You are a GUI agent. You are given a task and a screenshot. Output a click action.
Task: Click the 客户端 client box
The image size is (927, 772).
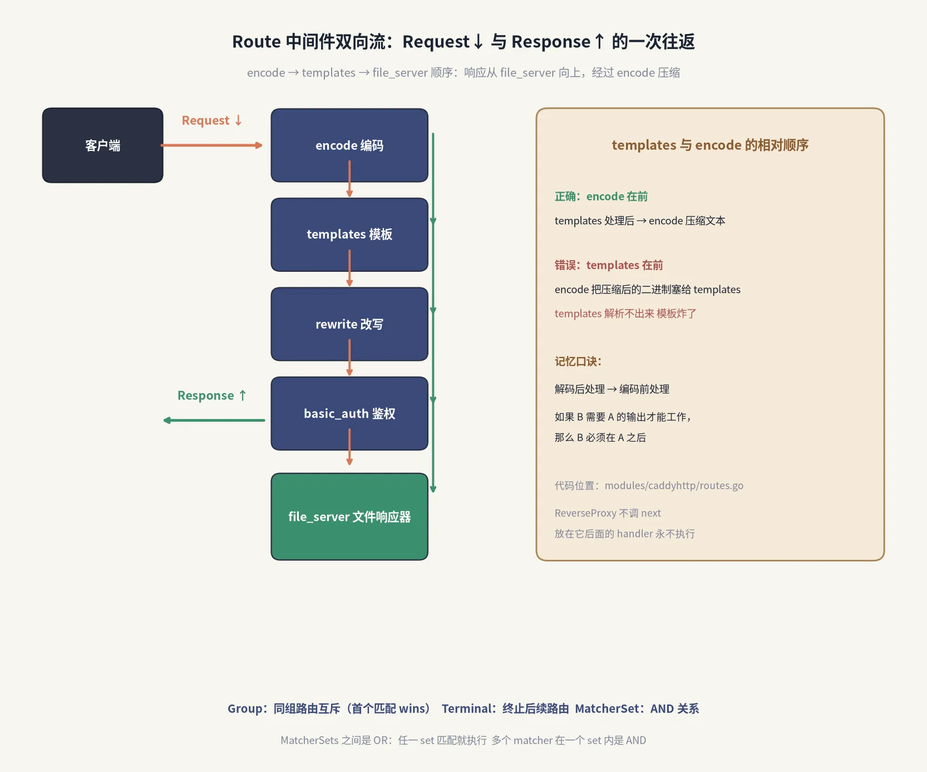pos(103,145)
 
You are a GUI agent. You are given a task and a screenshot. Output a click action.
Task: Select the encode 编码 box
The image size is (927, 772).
pos(349,145)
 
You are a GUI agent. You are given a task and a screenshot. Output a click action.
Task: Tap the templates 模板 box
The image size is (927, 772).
pos(349,234)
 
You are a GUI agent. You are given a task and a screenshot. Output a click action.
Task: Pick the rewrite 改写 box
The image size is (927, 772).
pos(349,324)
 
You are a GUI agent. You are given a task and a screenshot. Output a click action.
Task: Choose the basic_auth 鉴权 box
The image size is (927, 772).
pos(349,413)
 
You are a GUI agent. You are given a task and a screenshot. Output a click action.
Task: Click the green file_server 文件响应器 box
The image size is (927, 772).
pos(349,517)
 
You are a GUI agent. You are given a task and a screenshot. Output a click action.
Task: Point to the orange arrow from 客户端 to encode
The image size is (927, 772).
pos(211,145)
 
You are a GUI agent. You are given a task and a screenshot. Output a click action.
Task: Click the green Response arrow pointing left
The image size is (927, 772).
pos(214,421)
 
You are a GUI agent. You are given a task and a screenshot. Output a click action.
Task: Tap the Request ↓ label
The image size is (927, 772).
pos(212,120)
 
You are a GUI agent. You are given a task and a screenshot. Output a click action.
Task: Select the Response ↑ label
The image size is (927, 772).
pos(212,395)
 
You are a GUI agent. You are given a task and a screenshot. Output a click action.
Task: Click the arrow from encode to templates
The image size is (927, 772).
pos(349,179)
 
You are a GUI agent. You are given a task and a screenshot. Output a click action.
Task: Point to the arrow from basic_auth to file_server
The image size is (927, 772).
pos(349,447)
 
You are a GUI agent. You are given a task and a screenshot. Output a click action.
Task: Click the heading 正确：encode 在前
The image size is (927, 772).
pos(601,197)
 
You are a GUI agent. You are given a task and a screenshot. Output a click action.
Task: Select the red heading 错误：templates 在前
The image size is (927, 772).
pos(609,265)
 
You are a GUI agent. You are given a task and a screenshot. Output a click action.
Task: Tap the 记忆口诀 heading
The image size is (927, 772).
pos(578,361)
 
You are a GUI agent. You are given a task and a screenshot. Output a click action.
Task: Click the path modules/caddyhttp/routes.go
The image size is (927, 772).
pos(674,485)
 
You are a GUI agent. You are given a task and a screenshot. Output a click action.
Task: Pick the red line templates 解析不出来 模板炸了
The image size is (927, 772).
pos(625,314)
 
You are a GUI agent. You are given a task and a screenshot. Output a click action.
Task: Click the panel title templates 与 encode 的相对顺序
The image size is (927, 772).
pos(710,145)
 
